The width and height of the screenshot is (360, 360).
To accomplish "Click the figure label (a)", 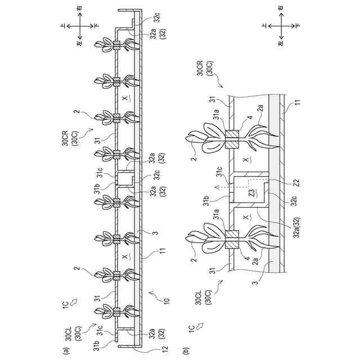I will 66,350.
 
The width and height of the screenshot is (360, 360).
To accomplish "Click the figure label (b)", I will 187,350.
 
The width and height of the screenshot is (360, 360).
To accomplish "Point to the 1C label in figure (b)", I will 191,327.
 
